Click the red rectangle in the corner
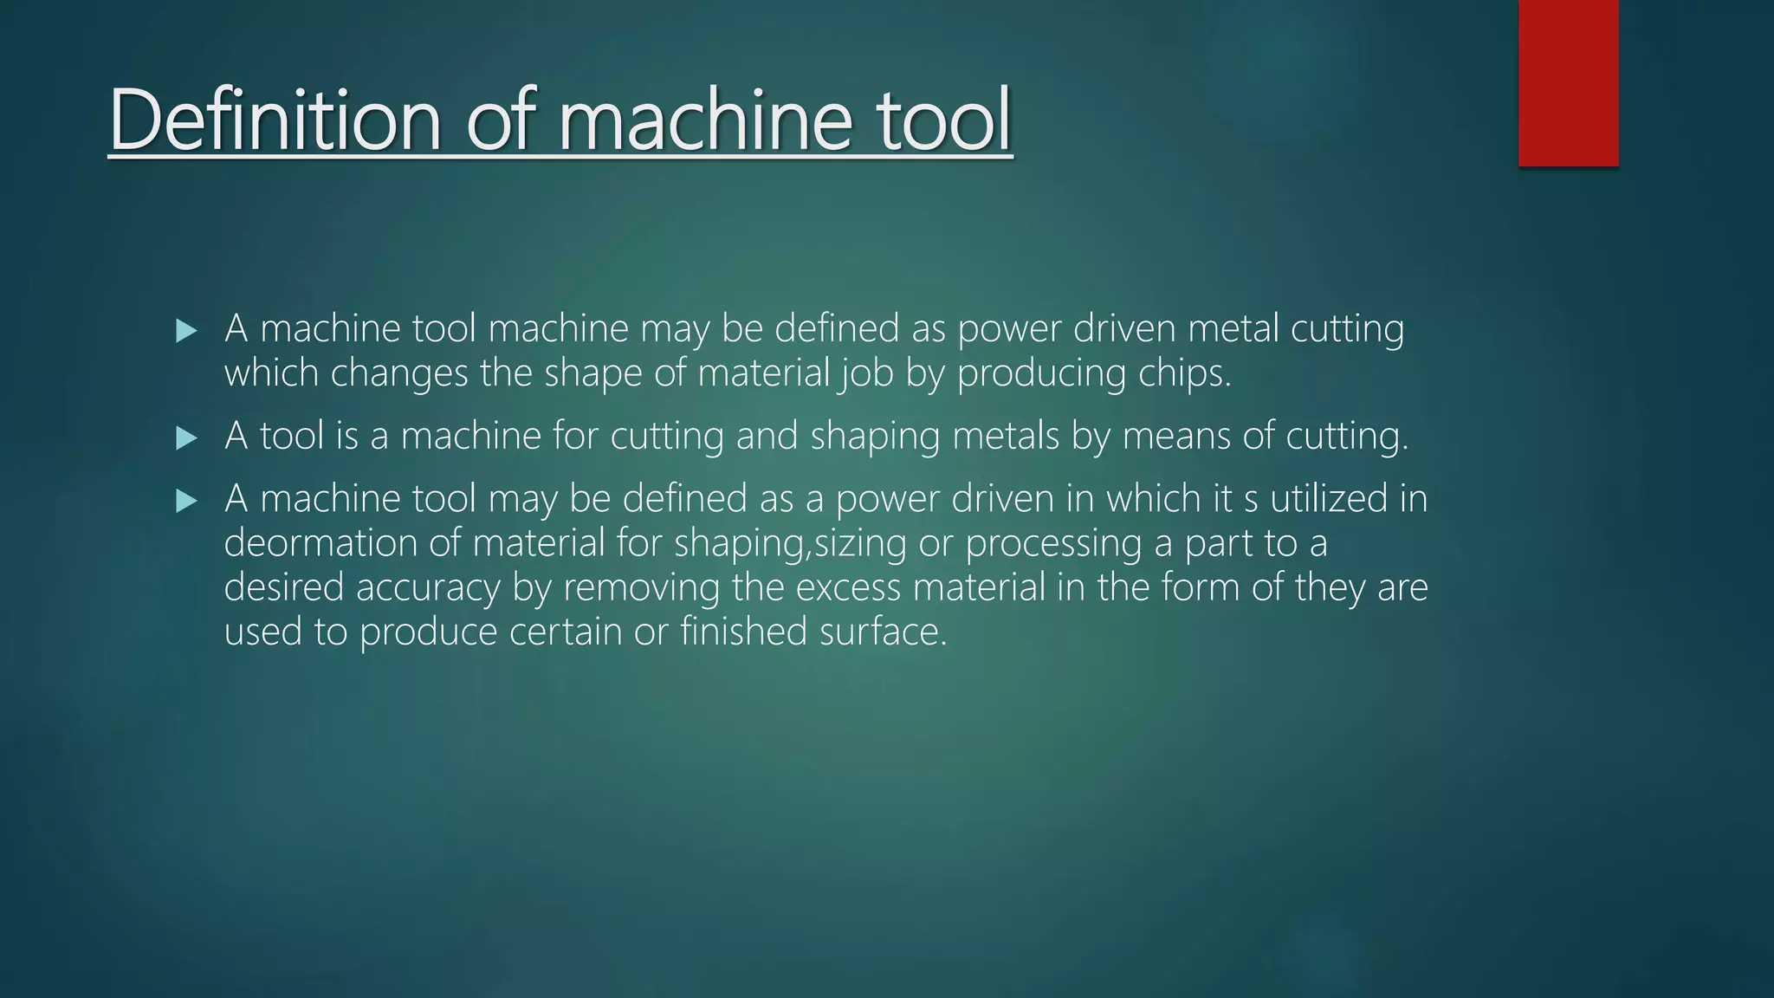pos(1568,83)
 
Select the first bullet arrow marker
pos(186,330)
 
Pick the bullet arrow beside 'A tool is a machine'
pos(186,437)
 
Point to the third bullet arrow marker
pos(186,501)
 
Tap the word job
pos(865,373)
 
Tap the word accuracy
pos(428,588)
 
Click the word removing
pos(642,588)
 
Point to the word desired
pos(284,587)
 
